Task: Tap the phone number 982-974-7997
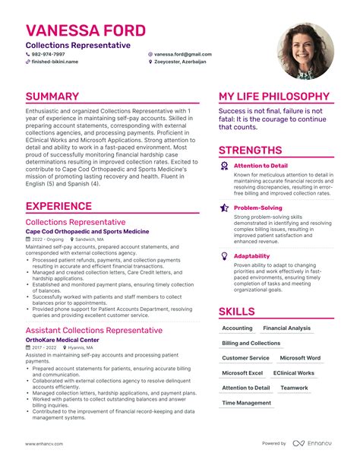coord(47,55)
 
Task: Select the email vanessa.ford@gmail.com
coord(182,55)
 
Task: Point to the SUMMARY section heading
coord(52,97)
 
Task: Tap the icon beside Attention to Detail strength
coord(224,165)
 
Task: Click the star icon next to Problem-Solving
coord(224,208)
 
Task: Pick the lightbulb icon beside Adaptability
coord(224,256)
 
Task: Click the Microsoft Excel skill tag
coord(242,373)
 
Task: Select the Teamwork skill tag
coord(294,388)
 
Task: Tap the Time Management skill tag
coord(246,403)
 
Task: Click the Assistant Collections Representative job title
coord(94,330)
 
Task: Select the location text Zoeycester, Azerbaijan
coord(183,62)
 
